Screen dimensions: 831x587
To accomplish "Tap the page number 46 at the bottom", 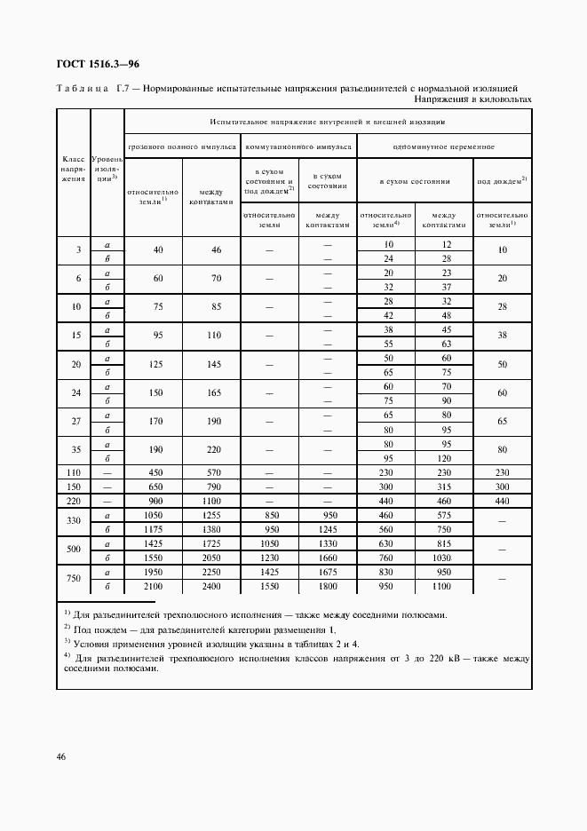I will (61, 756).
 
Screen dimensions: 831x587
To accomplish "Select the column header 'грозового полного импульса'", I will (182, 146).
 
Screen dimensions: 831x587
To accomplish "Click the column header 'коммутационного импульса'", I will (297, 146).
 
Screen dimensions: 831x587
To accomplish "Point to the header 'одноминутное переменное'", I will (444, 146).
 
